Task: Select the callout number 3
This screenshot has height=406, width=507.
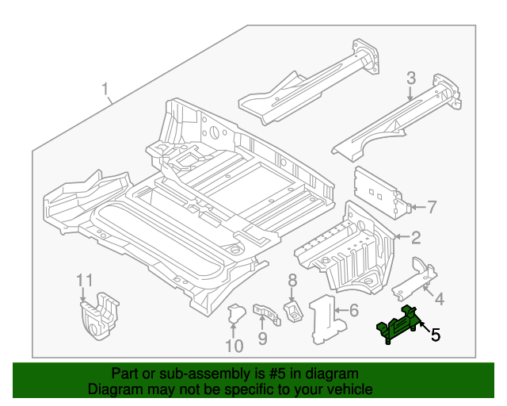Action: pos(411,78)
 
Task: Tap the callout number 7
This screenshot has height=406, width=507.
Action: pos(431,208)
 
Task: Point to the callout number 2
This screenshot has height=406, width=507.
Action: pos(415,236)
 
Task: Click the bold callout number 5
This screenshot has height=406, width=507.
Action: pos(435,335)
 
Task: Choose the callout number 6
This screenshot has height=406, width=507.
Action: pos(353,310)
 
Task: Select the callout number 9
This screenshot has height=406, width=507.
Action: pos(262,339)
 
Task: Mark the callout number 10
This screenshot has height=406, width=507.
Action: pos(234,345)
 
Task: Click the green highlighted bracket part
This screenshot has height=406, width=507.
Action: pos(399,325)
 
